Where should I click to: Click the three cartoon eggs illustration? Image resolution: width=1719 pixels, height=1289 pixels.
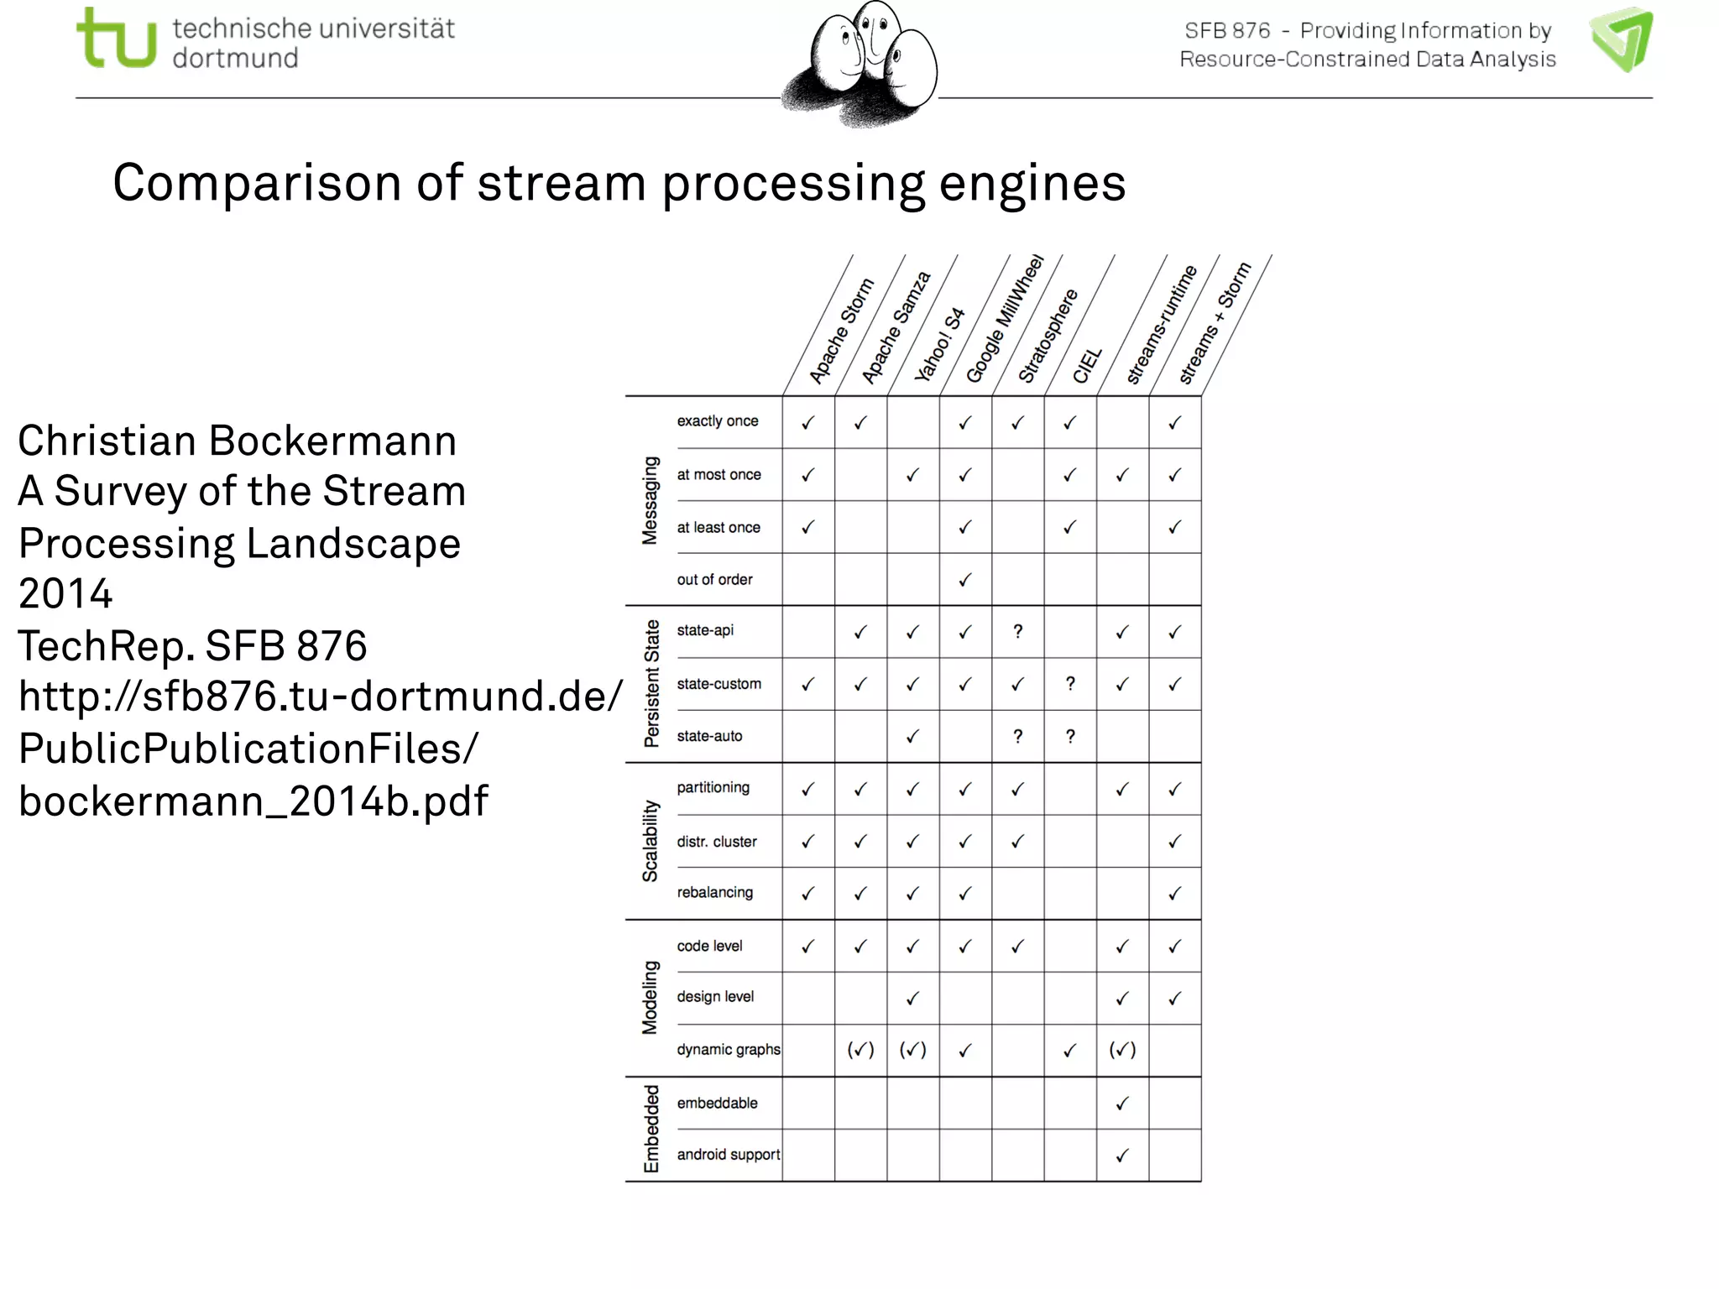[x=860, y=64]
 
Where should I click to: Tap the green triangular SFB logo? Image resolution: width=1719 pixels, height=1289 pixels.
[x=1622, y=39]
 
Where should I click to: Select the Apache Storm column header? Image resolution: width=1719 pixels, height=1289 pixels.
[x=840, y=331]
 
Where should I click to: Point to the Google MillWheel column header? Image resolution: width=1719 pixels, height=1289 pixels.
[x=1004, y=319]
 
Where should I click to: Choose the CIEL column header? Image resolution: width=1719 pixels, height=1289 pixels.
[x=1086, y=366]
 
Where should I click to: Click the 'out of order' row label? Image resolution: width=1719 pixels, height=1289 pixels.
[x=714, y=580]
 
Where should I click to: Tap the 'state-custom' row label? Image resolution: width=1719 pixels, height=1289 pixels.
[x=718, y=684]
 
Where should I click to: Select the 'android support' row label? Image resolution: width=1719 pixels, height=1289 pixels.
[x=728, y=1155]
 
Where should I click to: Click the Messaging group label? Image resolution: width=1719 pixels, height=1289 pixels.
[x=650, y=500]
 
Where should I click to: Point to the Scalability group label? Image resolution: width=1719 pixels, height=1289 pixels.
[x=650, y=841]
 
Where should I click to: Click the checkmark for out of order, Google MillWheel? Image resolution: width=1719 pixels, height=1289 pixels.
[x=965, y=580]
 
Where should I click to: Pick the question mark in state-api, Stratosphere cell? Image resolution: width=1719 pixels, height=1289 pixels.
[x=1017, y=631]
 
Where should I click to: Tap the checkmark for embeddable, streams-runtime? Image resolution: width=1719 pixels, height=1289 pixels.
[x=1122, y=1104]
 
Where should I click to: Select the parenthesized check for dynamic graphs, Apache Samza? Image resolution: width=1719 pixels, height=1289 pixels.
[x=860, y=1050]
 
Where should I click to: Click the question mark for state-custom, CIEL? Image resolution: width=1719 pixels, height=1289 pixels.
[x=1070, y=684]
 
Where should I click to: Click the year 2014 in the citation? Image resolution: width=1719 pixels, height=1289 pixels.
[x=65, y=594]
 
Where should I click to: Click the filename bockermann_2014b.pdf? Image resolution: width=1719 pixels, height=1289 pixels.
[x=253, y=801]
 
